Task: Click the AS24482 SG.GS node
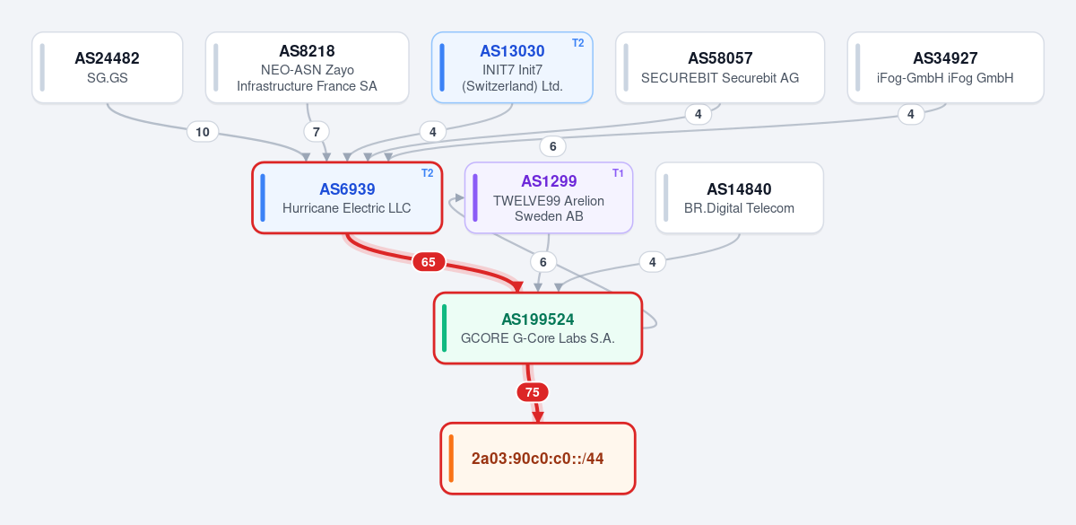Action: [x=107, y=67]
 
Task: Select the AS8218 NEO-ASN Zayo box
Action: [x=307, y=67]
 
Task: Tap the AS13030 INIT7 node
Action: [x=512, y=67]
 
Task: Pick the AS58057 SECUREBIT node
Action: [x=720, y=67]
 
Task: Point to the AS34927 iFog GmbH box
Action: [x=945, y=67]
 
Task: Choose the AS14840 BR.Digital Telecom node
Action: [x=739, y=197]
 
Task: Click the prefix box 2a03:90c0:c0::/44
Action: [x=538, y=459]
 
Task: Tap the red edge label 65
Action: [x=429, y=262]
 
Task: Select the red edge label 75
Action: [x=533, y=392]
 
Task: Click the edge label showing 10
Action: [x=203, y=132]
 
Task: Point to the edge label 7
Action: [x=316, y=132]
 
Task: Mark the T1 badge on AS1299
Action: [x=618, y=173]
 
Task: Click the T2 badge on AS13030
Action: [x=577, y=43]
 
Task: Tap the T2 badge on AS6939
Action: [x=427, y=173]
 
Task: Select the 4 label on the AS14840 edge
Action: [x=653, y=262]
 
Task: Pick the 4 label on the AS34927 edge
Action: [x=911, y=115]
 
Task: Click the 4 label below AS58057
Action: [x=698, y=115]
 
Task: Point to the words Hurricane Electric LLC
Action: [x=347, y=208]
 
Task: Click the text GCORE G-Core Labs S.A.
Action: [x=537, y=338]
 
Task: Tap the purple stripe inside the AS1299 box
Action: [x=475, y=197]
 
